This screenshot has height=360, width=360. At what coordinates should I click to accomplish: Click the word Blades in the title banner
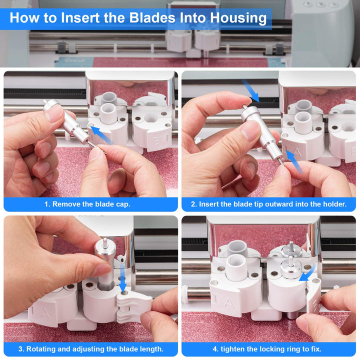[x=152, y=17]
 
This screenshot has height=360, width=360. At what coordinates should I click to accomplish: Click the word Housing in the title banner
[x=238, y=18]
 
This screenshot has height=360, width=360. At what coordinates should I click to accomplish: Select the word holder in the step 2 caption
[x=334, y=204]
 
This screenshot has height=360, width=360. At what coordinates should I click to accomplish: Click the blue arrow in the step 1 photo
[x=101, y=135]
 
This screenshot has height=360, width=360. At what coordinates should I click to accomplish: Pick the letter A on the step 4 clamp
[x=229, y=303]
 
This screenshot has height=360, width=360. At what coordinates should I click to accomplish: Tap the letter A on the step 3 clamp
[x=45, y=314]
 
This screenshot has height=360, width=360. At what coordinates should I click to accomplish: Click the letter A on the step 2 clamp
[x=297, y=152]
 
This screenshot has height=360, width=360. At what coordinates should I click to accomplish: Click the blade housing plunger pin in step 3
[x=105, y=243]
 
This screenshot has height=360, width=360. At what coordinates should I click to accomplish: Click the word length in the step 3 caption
[x=151, y=349]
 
